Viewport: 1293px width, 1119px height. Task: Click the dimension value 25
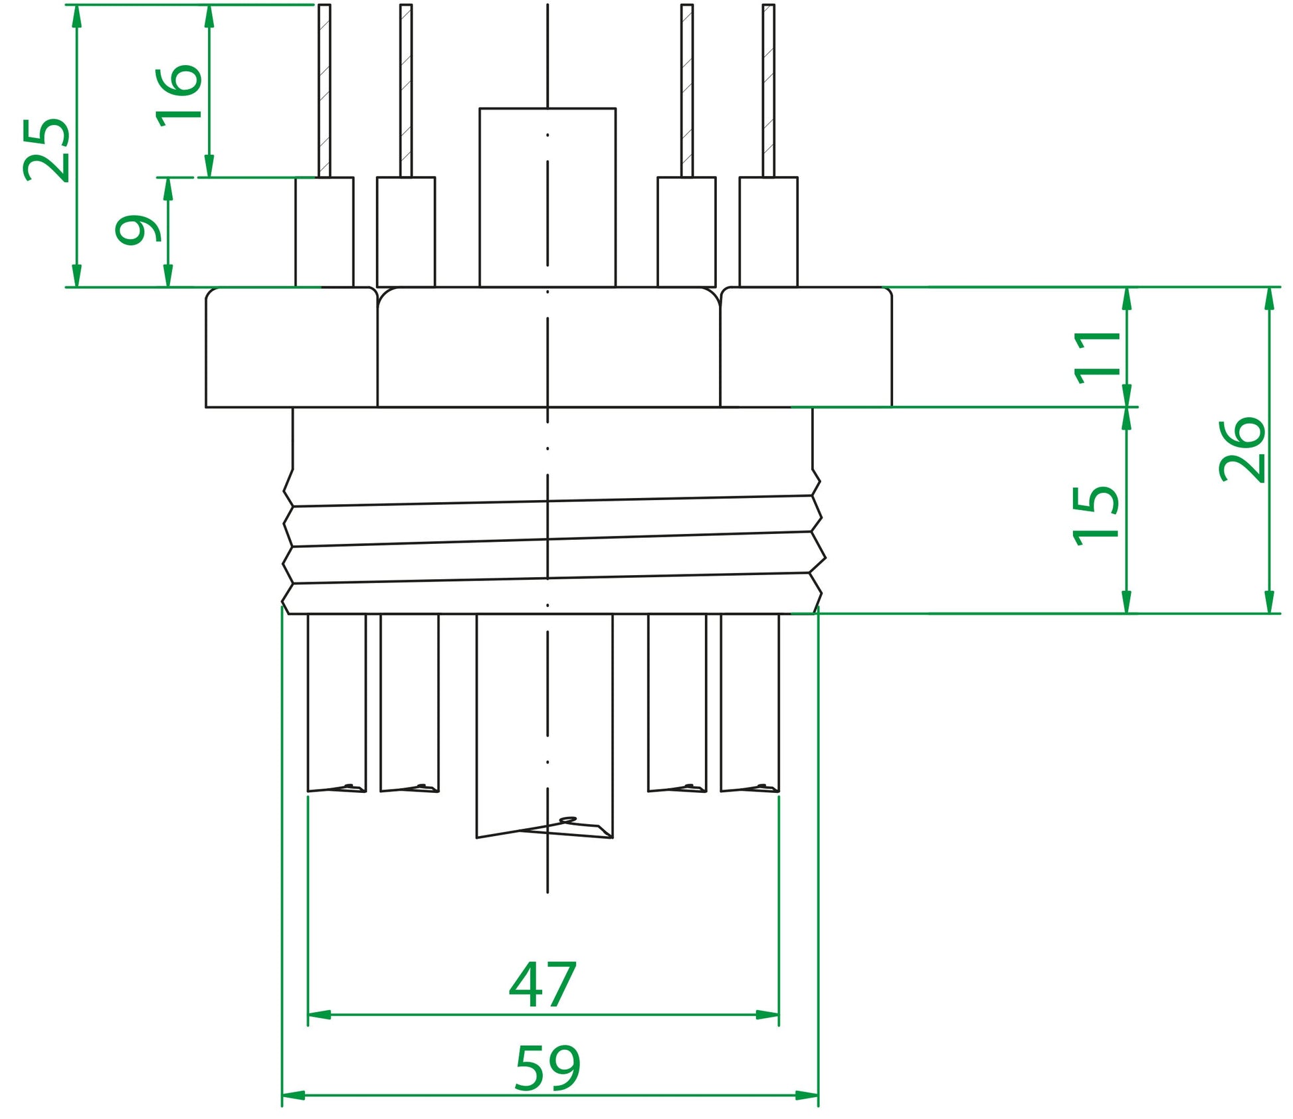coord(47,150)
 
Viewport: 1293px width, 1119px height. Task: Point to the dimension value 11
coord(1097,357)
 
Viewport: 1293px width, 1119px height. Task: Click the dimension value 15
coord(1096,516)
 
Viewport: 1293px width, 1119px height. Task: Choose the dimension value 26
coord(1241,450)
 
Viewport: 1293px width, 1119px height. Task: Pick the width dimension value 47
coord(542,985)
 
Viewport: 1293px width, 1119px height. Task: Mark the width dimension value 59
coord(547,1068)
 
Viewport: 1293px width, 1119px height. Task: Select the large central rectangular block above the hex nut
coord(547,198)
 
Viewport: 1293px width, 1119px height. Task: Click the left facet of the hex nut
coord(291,347)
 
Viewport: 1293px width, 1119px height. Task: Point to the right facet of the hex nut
coord(806,347)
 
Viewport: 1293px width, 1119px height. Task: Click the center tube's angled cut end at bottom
coord(545,829)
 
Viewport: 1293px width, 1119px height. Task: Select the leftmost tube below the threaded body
coord(336,702)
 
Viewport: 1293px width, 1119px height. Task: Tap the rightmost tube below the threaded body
coord(749,702)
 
